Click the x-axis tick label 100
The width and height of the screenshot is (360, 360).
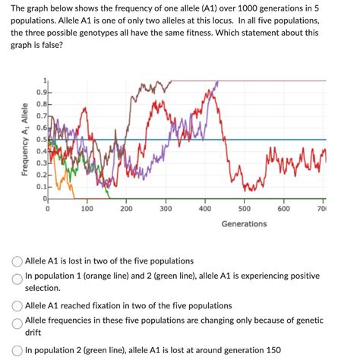coord(87,208)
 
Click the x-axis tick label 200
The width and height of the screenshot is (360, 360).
coord(126,208)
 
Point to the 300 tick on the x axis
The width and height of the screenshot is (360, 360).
coord(166,208)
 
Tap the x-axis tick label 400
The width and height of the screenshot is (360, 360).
coord(205,208)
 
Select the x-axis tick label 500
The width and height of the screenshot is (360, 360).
coord(245,208)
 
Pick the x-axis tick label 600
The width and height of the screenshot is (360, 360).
coord(284,208)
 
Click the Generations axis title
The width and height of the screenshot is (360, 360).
coord(245,224)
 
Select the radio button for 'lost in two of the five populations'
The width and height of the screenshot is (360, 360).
coord(17,261)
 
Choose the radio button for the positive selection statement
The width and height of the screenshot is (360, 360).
coord(17,279)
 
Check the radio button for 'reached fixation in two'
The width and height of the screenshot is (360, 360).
coord(17,305)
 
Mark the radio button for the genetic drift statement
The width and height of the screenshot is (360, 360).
coord(17,323)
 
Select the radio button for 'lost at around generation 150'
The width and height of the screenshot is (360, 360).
coord(17,350)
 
